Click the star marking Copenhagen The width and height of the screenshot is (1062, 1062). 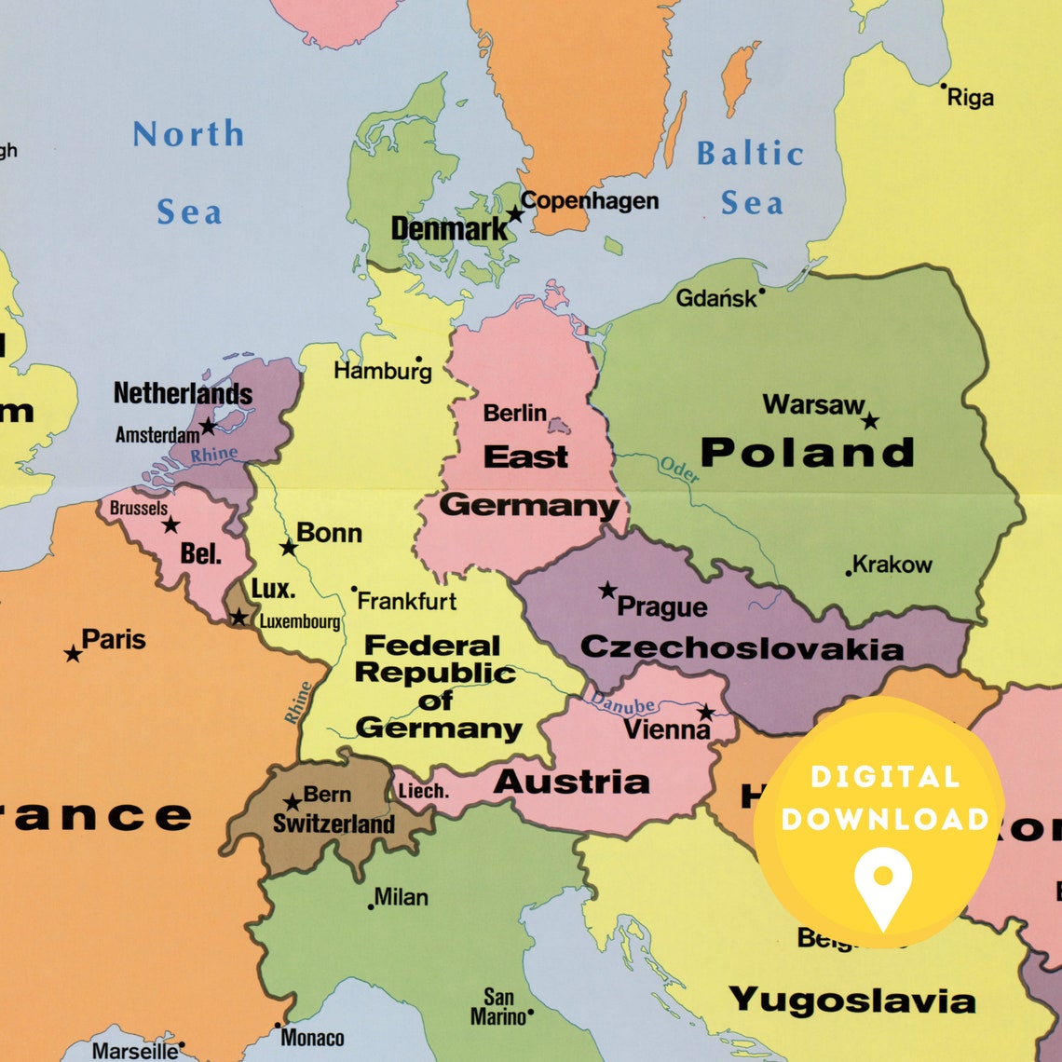(514, 214)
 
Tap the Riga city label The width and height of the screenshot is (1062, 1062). (970, 98)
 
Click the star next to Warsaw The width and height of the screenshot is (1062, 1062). (869, 421)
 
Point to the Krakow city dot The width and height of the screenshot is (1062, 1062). (848, 573)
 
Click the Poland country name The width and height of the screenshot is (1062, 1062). (807, 453)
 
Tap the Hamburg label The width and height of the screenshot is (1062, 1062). (382, 371)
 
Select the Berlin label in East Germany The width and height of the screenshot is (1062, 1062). (514, 412)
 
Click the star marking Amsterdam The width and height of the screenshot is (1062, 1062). (208, 427)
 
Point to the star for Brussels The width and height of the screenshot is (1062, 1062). (170, 525)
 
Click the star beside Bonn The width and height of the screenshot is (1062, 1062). (288, 547)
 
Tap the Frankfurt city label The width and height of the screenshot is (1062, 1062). (407, 601)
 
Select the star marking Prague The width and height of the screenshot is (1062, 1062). (607, 590)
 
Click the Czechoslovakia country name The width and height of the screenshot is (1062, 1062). (742, 648)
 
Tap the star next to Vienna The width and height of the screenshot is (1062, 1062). (706, 713)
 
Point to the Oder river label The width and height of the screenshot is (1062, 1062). (678, 470)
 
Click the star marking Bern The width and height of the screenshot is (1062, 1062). (293, 802)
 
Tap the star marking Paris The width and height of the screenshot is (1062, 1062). (73, 654)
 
